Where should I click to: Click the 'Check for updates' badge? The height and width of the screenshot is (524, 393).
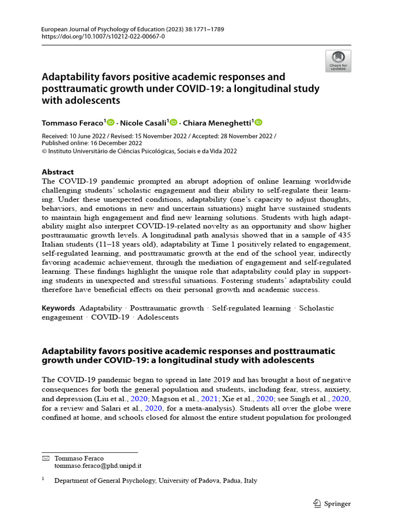click(338, 61)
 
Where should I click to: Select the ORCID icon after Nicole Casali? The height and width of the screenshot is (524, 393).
click(173, 122)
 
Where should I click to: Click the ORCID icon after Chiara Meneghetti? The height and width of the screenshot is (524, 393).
click(258, 122)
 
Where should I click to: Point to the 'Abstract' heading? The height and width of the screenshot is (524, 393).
click(57, 172)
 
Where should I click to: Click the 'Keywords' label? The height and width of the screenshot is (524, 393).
click(58, 308)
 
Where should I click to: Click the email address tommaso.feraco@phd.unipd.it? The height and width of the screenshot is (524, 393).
click(98, 466)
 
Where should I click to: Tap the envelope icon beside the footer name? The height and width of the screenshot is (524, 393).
click(45, 458)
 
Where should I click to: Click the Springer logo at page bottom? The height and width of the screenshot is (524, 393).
click(332, 504)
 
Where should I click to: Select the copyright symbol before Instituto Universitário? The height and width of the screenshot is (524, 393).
click(44, 151)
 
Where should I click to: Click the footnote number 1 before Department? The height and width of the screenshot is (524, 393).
click(43, 480)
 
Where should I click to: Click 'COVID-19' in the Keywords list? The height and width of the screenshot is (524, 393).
click(110, 317)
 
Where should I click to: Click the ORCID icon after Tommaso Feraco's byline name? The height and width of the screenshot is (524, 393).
click(111, 122)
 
